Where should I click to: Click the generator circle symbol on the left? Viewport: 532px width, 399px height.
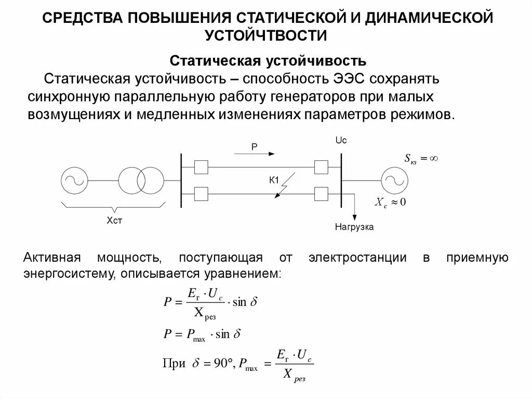click(x=74, y=181)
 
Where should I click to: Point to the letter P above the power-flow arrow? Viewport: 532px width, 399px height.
click(x=255, y=147)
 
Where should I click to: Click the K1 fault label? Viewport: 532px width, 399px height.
click(x=274, y=181)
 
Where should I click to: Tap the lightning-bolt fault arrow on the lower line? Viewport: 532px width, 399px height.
click(x=284, y=188)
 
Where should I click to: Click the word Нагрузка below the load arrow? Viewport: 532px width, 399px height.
click(x=354, y=227)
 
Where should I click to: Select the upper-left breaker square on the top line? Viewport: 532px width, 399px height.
click(x=201, y=167)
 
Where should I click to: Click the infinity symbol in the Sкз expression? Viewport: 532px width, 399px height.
click(x=434, y=158)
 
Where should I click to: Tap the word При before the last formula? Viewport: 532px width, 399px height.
click(x=175, y=364)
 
